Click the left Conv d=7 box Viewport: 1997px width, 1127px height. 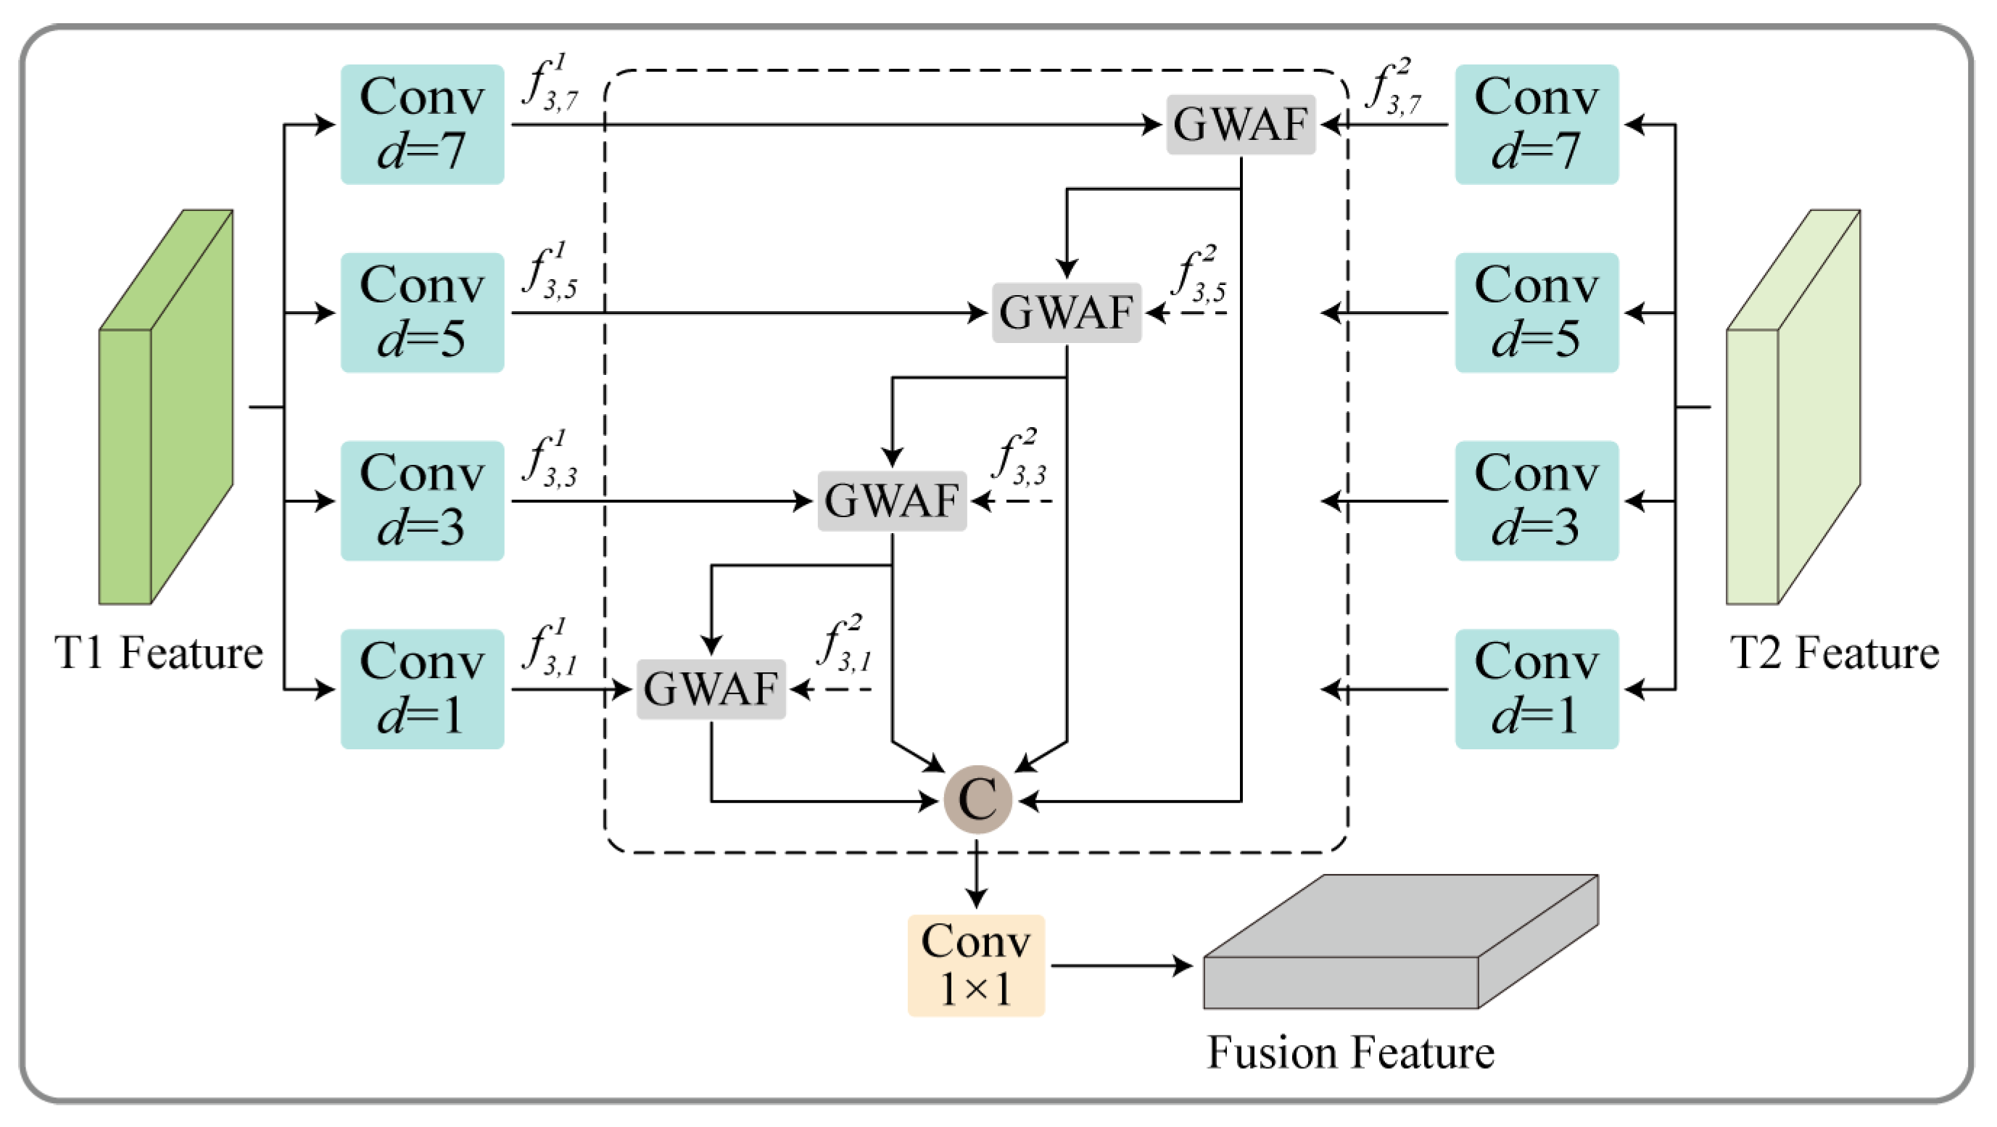tap(423, 124)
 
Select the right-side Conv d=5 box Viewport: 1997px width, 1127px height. tap(1536, 313)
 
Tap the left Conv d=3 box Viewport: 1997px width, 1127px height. tap(423, 500)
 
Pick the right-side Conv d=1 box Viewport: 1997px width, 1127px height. tap(1536, 688)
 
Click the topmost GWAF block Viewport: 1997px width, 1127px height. tap(1241, 124)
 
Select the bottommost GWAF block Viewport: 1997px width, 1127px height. tap(711, 688)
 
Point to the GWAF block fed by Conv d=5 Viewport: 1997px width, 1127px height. tap(1066, 313)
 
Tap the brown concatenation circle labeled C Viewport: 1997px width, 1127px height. tap(977, 799)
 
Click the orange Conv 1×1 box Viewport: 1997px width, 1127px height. tap(976, 965)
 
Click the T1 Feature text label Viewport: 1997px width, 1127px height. tap(159, 653)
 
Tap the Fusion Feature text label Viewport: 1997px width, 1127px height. tap(1350, 1052)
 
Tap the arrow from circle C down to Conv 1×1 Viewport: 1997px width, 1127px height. tap(976, 876)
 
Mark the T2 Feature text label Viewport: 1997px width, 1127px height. tap(1834, 653)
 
